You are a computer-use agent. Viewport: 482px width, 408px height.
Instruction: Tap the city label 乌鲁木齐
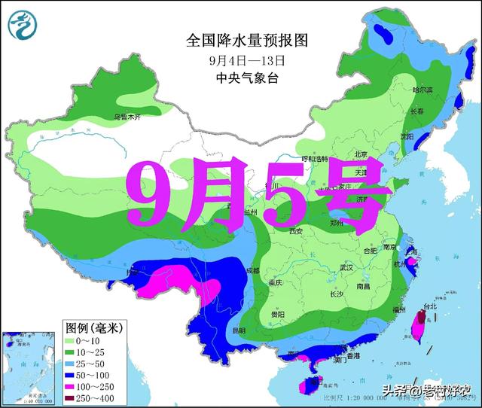[x=127, y=117]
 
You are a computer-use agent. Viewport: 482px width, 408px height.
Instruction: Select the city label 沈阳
[x=407, y=136]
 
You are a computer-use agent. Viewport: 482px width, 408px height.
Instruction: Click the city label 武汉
[x=346, y=267]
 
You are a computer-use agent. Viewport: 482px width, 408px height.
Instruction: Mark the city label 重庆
[x=274, y=282]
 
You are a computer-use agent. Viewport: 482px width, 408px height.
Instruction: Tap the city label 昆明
[x=239, y=330]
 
